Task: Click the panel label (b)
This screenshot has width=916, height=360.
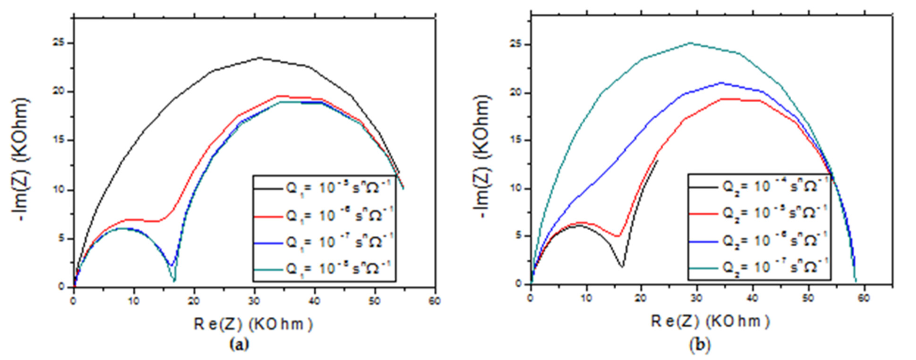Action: click(699, 344)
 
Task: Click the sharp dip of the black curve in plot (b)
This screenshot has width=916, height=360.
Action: click(622, 266)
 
